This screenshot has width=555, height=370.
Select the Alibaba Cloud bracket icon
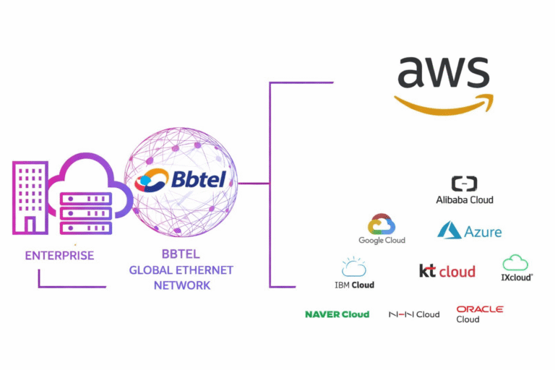[464, 184]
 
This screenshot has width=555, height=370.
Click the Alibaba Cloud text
[465, 199]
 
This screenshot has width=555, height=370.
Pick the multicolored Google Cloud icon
[382, 225]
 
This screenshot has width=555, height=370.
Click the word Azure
[483, 232]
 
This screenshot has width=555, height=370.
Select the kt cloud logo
[447, 271]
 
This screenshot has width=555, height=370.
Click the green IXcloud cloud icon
[515, 262]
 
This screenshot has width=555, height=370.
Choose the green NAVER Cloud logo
[337, 314]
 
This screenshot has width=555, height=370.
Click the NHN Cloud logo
[414, 314]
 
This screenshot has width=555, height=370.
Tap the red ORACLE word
[480, 309]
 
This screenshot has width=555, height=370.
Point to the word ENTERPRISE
[59, 256]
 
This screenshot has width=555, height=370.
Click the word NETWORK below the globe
[182, 285]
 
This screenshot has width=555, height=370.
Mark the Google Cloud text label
[382, 241]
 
